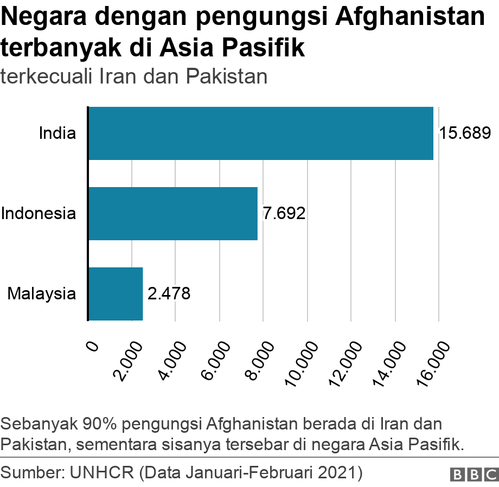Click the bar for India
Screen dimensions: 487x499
pyautogui.click(x=260, y=133)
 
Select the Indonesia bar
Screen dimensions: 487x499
pyautogui.click(x=172, y=214)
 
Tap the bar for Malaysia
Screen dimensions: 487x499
pyautogui.click(x=115, y=293)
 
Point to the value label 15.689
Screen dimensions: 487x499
pyautogui.click(x=465, y=133)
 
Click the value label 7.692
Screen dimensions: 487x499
pyautogui.click(x=284, y=214)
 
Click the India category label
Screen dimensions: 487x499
pyautogui.click(x=57, y=133)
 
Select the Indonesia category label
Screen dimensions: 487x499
pyautogui.click(x=38, y=213)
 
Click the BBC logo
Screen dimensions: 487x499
pyautogui.click(x=474, y=474)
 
